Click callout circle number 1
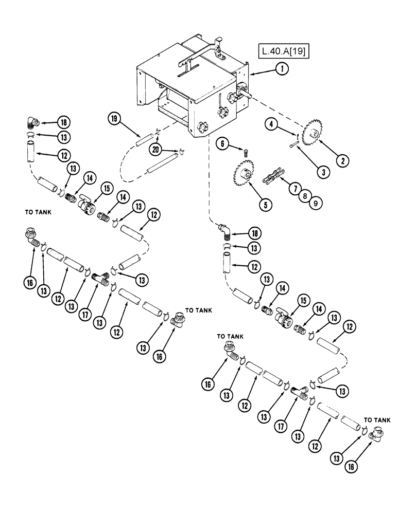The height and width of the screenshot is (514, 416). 281,69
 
